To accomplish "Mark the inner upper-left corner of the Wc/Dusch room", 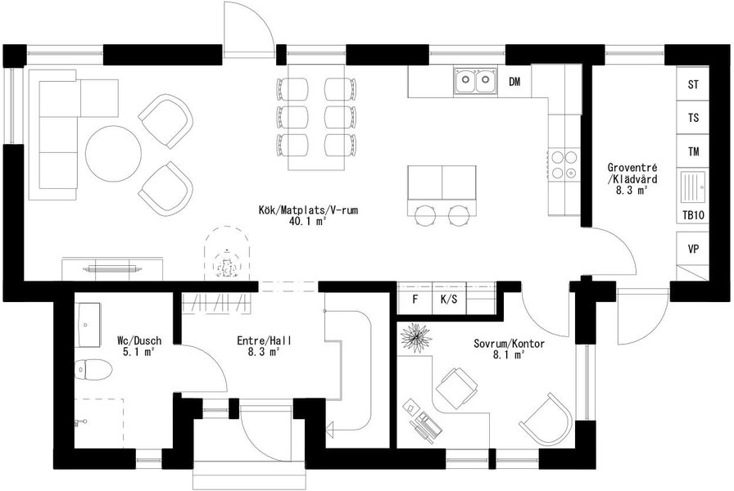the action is (x=75, y=293).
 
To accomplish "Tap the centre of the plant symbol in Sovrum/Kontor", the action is (x=415, y=336).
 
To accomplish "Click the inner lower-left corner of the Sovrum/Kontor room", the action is (x=397, y=448).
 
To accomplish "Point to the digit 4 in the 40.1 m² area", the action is (x=292, y=221).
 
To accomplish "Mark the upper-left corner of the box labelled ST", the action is (x=677, y=67).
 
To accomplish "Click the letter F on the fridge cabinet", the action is (x=415, y=300).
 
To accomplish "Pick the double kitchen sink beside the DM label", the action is (x=475, y=81).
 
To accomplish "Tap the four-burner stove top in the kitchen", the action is (x=564, y=164).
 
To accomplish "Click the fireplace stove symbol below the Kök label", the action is (x=228, y=254).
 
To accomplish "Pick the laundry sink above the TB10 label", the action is (x=693, y=187).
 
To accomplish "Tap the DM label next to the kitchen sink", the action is (x=514, y=82).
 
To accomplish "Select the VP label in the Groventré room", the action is (x=693, y=249).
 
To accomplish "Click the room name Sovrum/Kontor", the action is (x=509, y=345).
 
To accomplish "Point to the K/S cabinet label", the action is (x=449, y=300).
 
